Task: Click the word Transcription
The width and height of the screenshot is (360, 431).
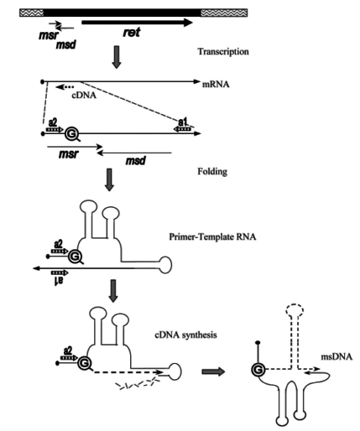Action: click(223, 52)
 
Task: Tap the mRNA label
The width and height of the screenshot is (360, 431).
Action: click(216, 84)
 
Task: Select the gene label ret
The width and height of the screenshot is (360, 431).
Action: click(132, 33)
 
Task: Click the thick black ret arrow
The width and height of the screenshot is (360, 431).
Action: click(137, 23)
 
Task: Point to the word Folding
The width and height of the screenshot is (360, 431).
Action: click(212, 171)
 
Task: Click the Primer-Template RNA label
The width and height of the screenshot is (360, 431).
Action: click(212, 237)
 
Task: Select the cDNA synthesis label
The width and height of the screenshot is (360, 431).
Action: click(185, 335)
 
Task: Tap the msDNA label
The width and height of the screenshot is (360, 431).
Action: click(337, 356)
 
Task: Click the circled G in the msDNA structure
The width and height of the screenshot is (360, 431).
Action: click(258, 370)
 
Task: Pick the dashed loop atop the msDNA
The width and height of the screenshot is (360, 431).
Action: click(295, 310)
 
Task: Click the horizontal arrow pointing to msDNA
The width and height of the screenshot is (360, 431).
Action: click(213, 371)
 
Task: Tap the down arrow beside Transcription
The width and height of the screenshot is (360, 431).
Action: click(117, 57)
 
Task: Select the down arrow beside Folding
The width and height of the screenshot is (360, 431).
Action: click(109, 179)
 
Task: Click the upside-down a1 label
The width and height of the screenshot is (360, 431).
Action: click(58, 281)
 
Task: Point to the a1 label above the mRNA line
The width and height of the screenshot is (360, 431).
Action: click(183, 122)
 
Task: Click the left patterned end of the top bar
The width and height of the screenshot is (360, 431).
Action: click(32, 13)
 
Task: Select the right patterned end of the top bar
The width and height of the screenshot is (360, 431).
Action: click(224, 13)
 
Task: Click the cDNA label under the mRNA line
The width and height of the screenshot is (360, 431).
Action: click(84, 96)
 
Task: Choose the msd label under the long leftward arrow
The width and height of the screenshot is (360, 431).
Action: click(136, 161)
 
